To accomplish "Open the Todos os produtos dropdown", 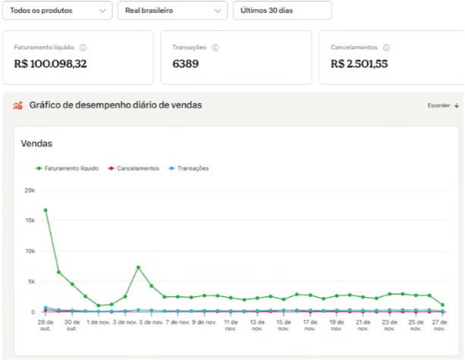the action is coord(57,11).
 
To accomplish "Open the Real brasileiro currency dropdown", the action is coord(172,11).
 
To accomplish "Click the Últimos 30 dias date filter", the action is coord(282,11).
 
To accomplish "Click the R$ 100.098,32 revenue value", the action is coord(50,64).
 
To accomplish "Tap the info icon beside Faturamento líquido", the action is coord(83,48).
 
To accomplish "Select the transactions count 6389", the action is coord(185,64).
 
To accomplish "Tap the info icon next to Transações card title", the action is coord(215,48).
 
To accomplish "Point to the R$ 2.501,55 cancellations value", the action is coord(359,64).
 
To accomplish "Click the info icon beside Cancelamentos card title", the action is coord(386,48).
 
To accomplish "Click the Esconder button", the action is coord(443,105).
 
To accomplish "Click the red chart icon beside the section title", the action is coord(17,105).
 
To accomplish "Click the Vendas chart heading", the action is coord(36,144).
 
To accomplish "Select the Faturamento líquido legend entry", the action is coord(67,168).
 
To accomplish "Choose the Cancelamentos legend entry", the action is coord(134,168).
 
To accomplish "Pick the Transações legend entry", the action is coord(189,168).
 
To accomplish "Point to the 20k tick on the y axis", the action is coord(30,190).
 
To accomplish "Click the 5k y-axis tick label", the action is coord(31,281).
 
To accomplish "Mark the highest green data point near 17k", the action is coord(46,211).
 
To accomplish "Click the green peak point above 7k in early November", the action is coord(138,268).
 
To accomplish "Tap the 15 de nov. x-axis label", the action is coord(284,325).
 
